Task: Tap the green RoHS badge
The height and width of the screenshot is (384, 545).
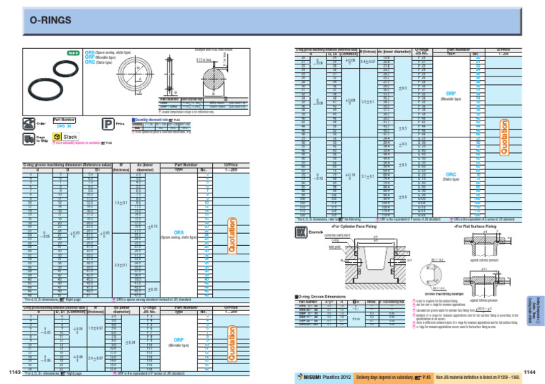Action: [x=72, y=53]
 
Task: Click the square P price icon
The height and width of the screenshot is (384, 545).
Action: [x=109, y=124]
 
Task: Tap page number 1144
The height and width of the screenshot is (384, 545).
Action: [x=533, y=371]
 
